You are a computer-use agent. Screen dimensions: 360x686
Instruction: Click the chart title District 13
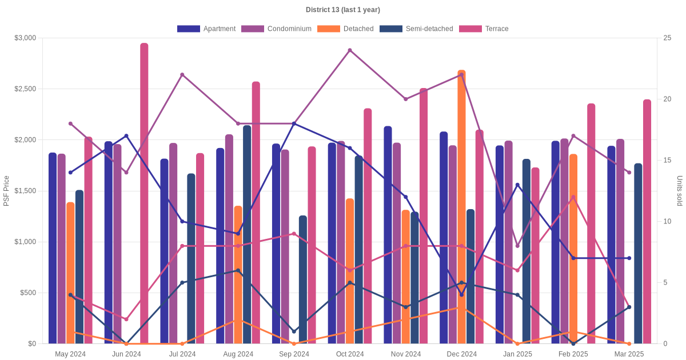point(342,10)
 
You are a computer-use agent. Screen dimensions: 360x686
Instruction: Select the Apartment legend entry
point(206,29)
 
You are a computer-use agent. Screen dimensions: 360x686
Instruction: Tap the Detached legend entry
point(345,29)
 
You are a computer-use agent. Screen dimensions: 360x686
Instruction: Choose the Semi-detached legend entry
point(416,29)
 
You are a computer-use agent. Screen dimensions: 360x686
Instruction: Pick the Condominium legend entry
point(276,29)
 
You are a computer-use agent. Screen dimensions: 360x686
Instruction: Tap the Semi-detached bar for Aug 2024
point(247,234)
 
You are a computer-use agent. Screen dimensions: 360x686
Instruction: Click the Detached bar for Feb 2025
point(573,249)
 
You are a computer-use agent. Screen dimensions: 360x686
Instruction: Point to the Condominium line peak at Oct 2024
point(350,50)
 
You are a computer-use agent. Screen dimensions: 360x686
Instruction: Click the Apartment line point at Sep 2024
point(294,123)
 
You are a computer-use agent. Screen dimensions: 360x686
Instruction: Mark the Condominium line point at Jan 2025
point(517,246)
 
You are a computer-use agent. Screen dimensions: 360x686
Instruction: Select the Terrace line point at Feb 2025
point(573,197)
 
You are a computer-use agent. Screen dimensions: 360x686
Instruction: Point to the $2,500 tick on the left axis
point(25,89)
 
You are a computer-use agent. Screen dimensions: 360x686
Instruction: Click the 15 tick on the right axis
point(667,160)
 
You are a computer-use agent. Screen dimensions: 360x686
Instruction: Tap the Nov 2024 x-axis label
point(406,354)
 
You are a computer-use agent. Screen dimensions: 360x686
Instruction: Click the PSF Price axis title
point(6,191)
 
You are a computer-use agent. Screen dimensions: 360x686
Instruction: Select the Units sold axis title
point(679,191)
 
